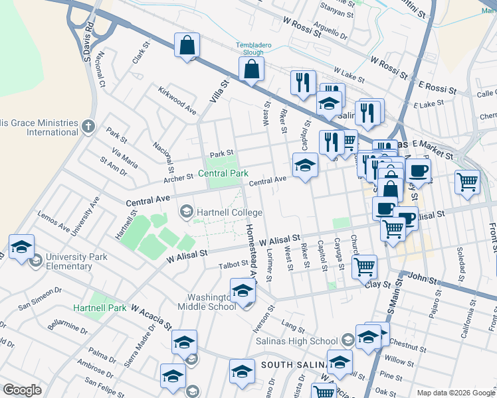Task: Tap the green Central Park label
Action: (x=223, y=174)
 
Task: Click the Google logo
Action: (x=22, y=390)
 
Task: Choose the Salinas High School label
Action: (x=297, y=341)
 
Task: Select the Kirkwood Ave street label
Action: (x=177, y=99)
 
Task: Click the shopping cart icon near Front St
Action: (x=468, y=181)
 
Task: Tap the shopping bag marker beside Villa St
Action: (x=187, y=46)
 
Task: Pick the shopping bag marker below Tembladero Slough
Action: (x=252, y=69)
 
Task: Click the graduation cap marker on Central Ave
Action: (x=305, y=165)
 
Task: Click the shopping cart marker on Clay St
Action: (x=364, y=267)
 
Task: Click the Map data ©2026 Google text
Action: (x=455, y=393)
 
